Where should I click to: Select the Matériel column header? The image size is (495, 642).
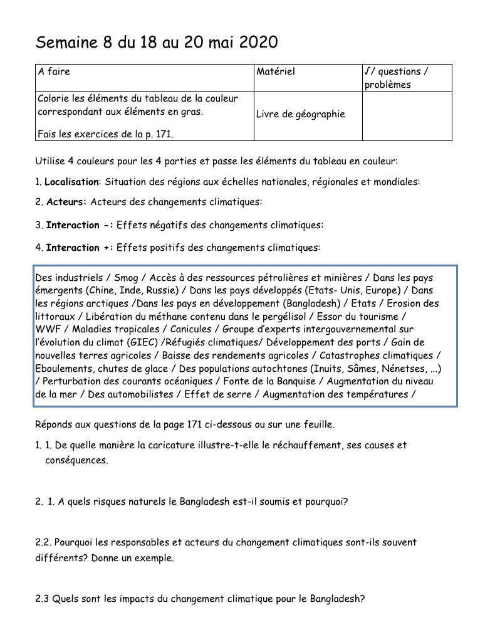pos(276,71)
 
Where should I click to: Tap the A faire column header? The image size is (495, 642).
pos(54,71)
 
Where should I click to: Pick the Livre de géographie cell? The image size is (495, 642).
pos(301,114)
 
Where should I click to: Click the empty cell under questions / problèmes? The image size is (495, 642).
pos(407,115)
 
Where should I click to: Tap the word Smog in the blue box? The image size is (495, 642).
pos(126,278)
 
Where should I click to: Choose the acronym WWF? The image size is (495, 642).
pos(47,329)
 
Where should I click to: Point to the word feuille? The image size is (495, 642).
pos(318,424)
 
